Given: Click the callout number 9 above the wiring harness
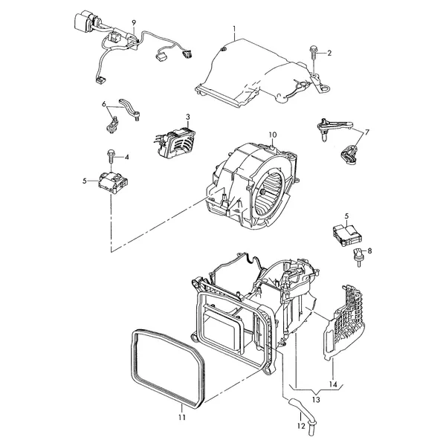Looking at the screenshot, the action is (134, 22).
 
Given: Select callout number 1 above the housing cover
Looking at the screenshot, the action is (234, 29).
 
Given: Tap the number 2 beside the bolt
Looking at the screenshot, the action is (329, 54).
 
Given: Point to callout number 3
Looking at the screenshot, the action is (188, 117).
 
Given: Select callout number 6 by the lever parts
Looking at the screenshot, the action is (104, 104).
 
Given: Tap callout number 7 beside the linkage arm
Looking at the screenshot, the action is (367, 132).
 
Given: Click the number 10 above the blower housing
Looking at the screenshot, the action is (273, 135).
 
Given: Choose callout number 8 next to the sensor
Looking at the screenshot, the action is (369, 251).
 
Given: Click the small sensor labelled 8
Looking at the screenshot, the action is (358, 257).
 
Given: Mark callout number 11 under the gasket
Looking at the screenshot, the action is (182, 417).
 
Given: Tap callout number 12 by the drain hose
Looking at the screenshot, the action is (301, 426).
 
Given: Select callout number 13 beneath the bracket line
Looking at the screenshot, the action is (316, 400).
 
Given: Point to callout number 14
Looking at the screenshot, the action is (333, 384).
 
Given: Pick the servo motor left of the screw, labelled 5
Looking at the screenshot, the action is (113, 182).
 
